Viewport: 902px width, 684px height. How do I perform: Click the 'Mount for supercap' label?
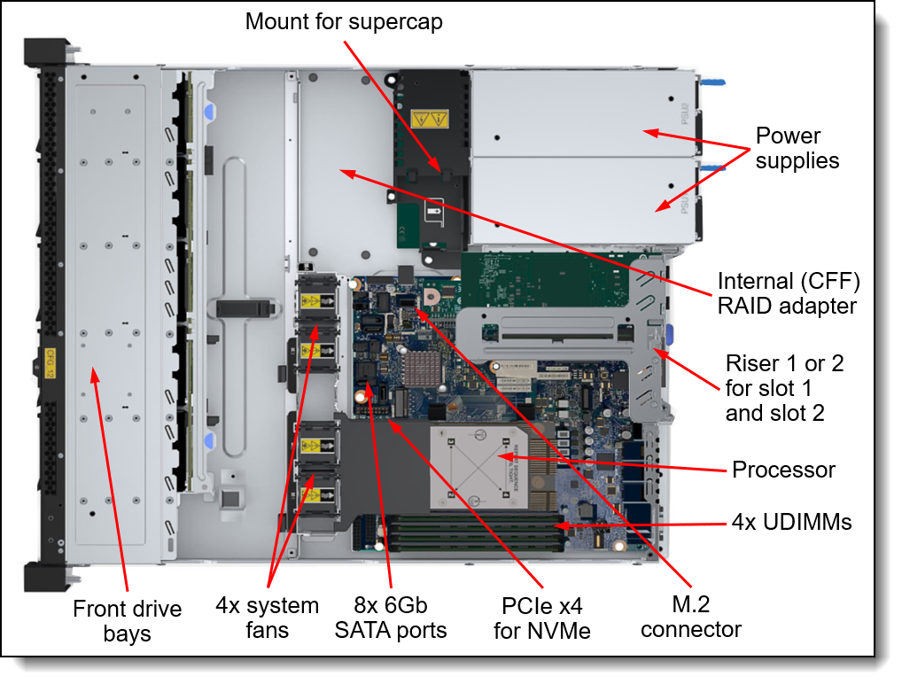(x=344, y=20)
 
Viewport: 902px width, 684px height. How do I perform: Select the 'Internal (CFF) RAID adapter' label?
(x=788, y=293)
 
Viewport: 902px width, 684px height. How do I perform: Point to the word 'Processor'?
(x=783, y=470)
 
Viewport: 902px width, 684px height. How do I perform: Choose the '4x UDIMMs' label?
(x=792, y=523)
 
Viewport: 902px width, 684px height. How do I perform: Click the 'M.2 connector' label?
(x=691, y=618)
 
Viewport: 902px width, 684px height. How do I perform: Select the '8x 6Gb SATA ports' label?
(x=390, y=618)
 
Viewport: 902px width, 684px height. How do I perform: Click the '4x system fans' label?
(x=267, y=618)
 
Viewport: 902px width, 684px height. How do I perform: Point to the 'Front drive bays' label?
(x=127, y=621)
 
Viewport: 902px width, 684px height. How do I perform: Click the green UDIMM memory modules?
(x=474, y=530)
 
